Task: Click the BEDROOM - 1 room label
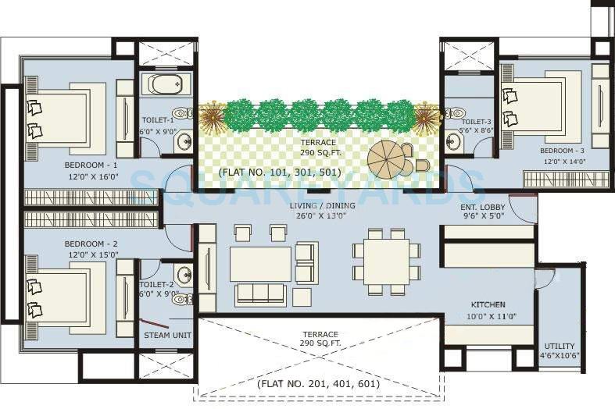point(91,165)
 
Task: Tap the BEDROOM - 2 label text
point(91,244)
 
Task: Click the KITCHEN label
point(488,304)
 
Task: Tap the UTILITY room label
point(560,346)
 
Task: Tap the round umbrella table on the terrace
point(386,158)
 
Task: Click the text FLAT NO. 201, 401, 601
point(318,384)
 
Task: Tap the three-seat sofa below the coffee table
point(260,293)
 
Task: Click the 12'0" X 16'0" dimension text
point(91,178)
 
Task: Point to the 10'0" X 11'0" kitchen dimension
point(488,316)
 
